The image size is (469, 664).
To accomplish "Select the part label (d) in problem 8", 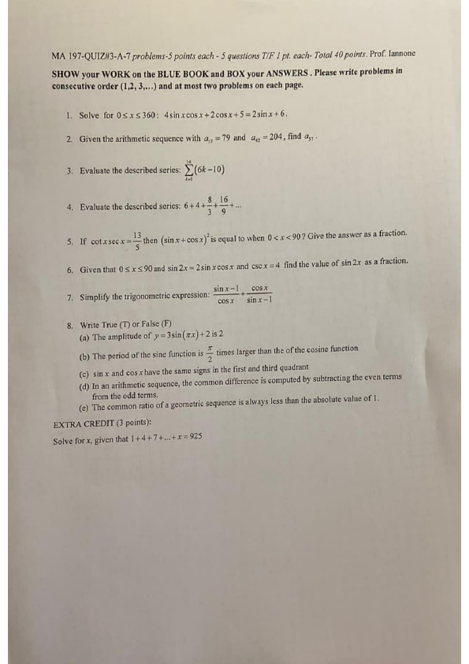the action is tap(85, 379).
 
